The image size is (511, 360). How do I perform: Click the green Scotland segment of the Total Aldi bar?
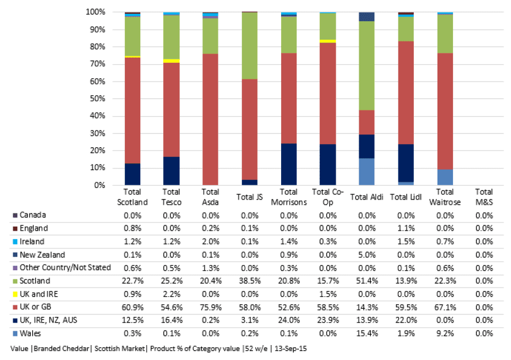click(x=367, y=66)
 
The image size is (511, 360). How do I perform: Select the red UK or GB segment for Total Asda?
click(x=210, y=120)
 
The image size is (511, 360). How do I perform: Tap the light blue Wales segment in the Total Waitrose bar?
click(x=445, y=177)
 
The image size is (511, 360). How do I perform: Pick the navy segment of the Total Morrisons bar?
click(x=289, y=164)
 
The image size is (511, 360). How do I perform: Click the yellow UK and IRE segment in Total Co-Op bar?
click(x=328, y=41)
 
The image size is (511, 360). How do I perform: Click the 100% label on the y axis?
click(x=95, y=12)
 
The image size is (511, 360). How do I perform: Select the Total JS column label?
click(x=249, y=197)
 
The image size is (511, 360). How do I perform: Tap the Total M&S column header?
click(x=484, y=197)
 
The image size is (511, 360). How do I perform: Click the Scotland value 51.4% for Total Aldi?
click(x=367, y=281)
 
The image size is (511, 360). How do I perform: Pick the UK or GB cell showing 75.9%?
click(x=210, y=307)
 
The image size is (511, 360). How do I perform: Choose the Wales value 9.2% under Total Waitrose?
click(x=445, y=334)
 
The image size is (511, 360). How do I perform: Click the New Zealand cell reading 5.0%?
click(x=367, y=255)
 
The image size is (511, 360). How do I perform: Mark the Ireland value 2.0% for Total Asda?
click(x=210, y=242)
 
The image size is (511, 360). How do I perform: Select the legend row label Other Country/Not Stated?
click(x=65, y=268)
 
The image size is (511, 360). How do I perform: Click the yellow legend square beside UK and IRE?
click(x=15, y=294)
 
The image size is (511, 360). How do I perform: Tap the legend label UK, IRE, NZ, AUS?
click(x=48, y=320)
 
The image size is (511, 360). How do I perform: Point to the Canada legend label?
click(x=33, y=215)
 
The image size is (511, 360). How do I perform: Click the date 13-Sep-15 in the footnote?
click(x=291, y=348)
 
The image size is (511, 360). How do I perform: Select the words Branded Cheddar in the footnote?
click(x=62, y=348)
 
